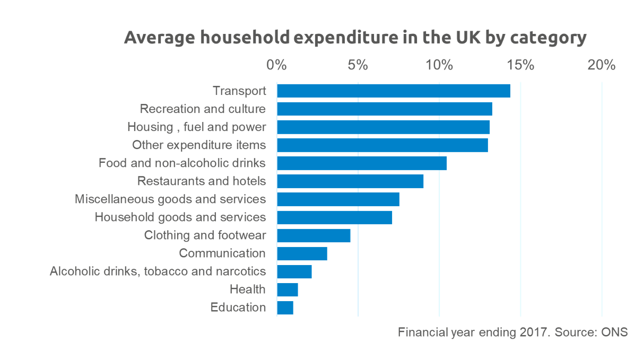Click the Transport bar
(394, 91)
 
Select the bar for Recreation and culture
(384, 109)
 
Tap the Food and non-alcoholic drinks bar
(362, 163)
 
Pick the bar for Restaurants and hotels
(350, 181)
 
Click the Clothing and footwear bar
(314, 235)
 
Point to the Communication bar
(302, 253)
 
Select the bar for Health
(288, 289)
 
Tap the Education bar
(285, 308)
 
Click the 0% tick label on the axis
(276, 65)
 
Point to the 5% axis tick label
(358, 65)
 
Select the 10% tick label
(439, 65)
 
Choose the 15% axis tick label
(520, 65)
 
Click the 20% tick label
(602, 65)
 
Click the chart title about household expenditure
(355, 38)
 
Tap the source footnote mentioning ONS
(512, 332)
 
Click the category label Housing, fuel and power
(197, 127)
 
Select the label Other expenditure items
(199, 145)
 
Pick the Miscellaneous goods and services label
(170, 199)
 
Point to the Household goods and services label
(180, 217)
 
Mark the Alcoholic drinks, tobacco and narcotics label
(158, 271)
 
